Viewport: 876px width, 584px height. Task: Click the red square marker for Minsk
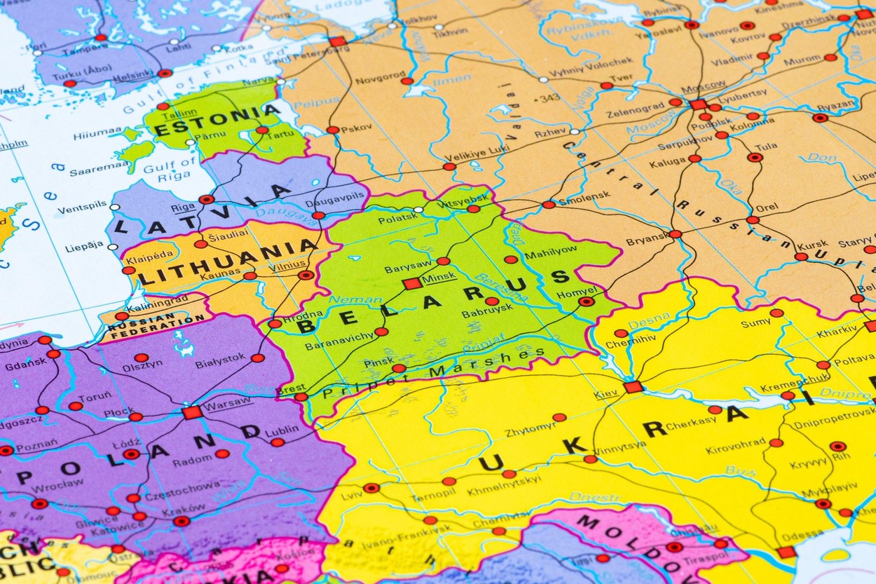412,283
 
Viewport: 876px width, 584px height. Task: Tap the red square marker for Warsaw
191,412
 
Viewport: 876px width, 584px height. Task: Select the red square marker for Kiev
633,387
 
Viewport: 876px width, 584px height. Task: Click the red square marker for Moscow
698,104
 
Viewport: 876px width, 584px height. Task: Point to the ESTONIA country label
217,120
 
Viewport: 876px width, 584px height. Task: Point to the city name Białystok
220,363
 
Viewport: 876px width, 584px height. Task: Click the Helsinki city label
132,74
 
